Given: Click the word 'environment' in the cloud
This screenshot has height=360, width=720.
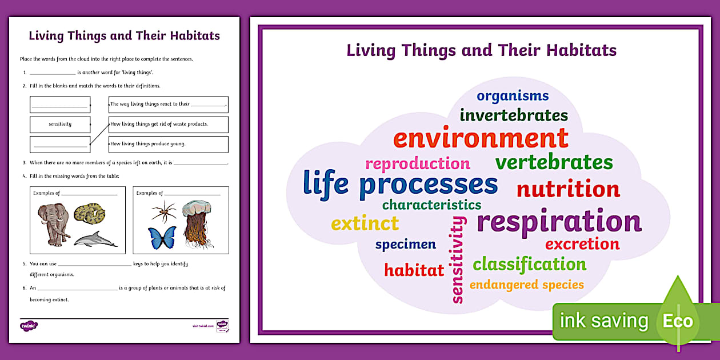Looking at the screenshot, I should (480, 139).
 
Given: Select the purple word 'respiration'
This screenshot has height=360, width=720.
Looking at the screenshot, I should (559, 222).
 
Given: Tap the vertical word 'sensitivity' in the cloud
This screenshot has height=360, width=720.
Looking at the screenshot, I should (458, 259).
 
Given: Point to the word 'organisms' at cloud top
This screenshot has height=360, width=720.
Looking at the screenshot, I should (513, 96).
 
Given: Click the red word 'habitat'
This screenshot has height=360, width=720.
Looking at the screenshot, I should (414, 270).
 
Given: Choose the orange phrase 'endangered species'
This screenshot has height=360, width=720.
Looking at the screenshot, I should (526, 285).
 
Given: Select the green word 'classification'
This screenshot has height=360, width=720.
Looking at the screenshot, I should (529, 264).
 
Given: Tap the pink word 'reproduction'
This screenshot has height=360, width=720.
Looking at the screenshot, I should (417, 164).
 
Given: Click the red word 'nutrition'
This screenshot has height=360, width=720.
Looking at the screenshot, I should (568, 189).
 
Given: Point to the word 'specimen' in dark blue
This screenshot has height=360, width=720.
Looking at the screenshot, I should (405, 245).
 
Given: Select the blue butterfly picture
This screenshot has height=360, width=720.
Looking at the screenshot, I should (162, 238).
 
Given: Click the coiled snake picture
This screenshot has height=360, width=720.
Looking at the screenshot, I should (89, 214).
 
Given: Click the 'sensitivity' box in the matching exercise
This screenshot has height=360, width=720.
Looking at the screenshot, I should (60, 124).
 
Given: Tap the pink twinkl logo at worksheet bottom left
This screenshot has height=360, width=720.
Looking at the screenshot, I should (29, 326).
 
